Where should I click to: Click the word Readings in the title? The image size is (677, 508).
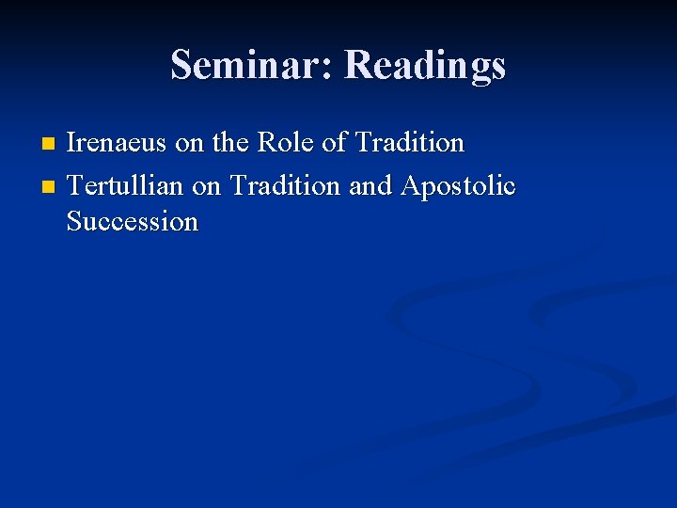pyautogui.click(x=425, y=65)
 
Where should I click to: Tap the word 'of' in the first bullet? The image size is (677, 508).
pyautogui.click(x=334, y=143)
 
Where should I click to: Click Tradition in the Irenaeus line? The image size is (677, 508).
pyautogui.click(x=409, y=143)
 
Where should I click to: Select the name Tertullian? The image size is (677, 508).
pyautogui.click(x=126, y=186)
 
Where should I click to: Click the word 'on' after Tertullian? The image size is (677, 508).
pyautogui.click(x=207, y=187)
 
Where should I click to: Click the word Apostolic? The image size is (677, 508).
pyautogui.click(x=458, y=186)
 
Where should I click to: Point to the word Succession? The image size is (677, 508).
pyautogui.click(x=133, y=222)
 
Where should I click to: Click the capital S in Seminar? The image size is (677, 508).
pyautogui.click(x=181, y=65)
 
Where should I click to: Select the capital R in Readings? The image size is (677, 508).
pyautogui.click(x=359, y=65)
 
